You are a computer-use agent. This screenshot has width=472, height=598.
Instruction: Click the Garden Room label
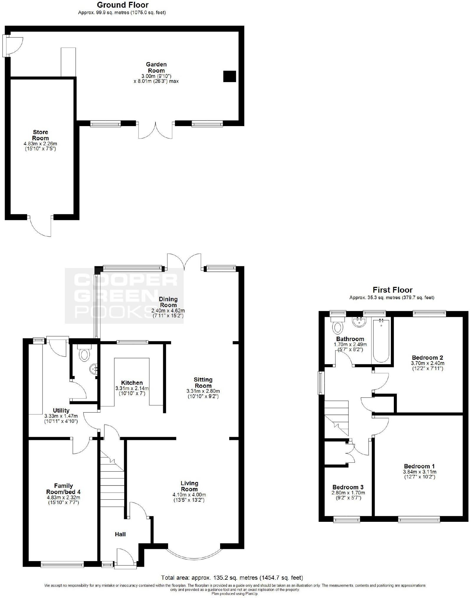click(156, 67)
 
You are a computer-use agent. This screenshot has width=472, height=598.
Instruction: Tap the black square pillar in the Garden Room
click(230, 76)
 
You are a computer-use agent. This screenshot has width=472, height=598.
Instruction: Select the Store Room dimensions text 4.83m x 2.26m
click(40, 144)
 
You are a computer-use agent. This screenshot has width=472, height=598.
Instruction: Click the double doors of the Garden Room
click(155, 130)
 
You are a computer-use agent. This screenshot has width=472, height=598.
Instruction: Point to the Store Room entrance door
click(40, 226)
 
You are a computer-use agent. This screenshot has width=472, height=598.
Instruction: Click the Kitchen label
click(132, 383)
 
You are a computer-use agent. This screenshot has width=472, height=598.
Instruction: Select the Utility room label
click(61, 410)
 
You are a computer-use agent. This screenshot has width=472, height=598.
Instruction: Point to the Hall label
click(120, 534)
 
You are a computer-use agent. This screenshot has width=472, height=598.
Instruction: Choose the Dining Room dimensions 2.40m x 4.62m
click(168, 311)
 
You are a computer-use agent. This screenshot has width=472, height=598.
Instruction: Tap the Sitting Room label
click(203, 383)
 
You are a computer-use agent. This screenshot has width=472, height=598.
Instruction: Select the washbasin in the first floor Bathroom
click(359, 322)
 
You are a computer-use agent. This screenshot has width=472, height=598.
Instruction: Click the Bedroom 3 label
click(348, 487)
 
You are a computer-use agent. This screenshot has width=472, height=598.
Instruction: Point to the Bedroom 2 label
click(427, 358)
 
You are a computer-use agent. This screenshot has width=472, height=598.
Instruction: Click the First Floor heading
click(392, 290)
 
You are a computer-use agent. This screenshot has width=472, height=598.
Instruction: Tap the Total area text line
click(232, 578)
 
